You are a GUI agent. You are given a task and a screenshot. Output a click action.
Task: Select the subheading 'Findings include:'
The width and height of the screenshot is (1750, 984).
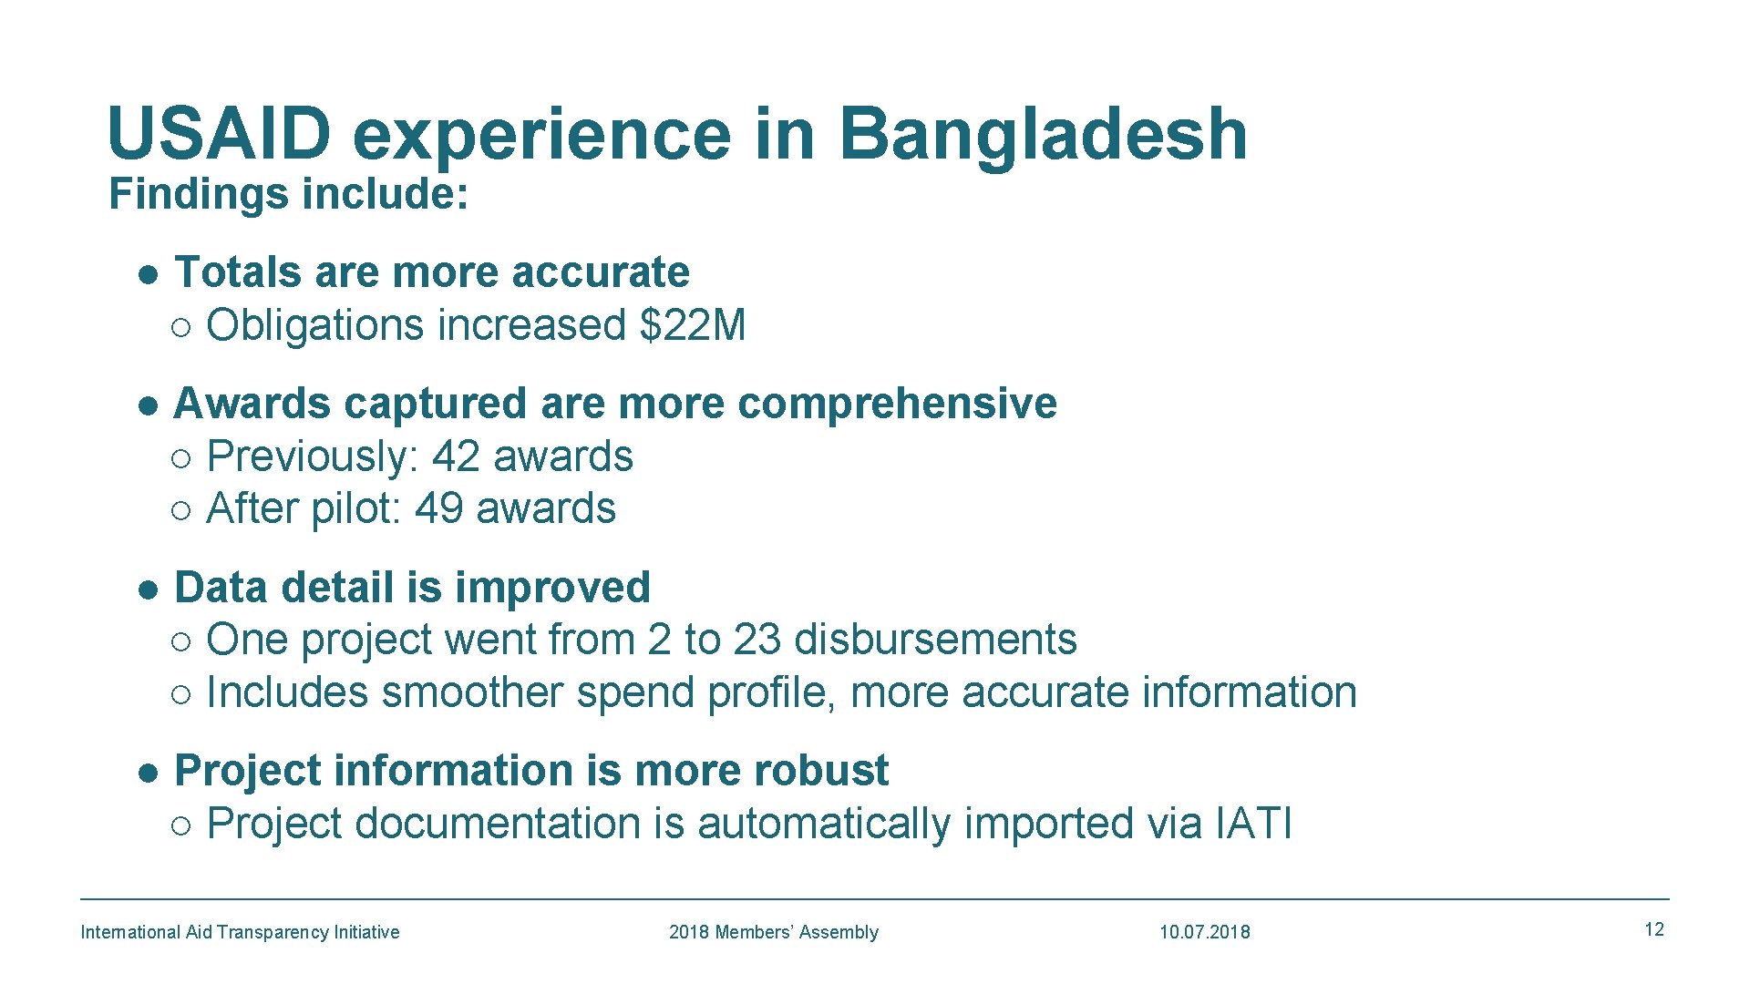click(x=288, y=194)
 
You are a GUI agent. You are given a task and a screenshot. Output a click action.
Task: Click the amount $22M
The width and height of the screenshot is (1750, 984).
click(x=693, y=325)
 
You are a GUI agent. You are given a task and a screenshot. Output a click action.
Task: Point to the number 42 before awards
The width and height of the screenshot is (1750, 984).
click(x=456, y=456)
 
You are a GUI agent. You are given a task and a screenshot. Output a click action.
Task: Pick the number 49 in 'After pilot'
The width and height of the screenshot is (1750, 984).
click(x=438, y=508)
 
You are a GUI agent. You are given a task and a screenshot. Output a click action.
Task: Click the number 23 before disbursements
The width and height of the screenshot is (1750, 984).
click(x=757, y=640)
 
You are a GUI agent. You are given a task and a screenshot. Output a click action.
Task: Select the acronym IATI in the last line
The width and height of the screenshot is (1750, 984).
click(x=1253, y=824)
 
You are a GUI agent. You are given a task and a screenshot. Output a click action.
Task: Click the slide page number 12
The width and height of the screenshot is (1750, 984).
click(x=1653, y=929)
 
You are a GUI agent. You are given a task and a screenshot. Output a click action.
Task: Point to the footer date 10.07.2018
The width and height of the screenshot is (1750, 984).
click(x=1204, y=932)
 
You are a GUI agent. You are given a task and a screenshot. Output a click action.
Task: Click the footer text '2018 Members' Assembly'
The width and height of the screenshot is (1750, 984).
click(x=773, y=932)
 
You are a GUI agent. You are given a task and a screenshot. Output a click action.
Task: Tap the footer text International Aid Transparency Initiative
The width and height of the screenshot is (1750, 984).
click(x=240, y=932)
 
